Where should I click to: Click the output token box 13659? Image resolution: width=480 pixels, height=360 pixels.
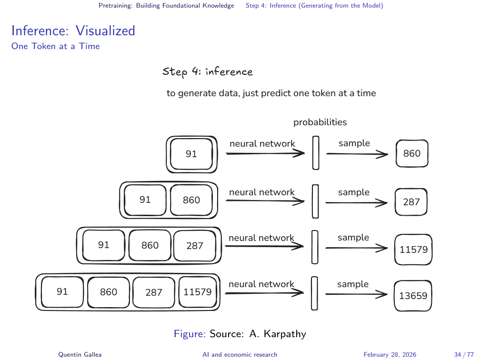(x=413, y=295)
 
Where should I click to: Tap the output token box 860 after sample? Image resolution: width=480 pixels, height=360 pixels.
(x=412, y=153)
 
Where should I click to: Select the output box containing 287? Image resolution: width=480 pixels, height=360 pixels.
(x=411, y=201)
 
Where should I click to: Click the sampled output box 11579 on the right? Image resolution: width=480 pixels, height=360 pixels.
(x=413, y=249)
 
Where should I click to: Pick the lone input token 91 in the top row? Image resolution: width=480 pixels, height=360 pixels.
(x=191, y=154)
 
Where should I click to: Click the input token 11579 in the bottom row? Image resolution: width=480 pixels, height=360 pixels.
(x=197, y=292)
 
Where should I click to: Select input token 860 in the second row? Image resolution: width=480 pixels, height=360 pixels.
(x=191, y=200)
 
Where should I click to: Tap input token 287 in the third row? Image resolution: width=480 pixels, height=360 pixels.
(x=194, y=246)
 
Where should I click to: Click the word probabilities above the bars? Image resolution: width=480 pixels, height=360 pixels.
(x=320, y=122)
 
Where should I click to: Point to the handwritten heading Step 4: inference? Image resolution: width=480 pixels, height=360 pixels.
(x=207, y=72)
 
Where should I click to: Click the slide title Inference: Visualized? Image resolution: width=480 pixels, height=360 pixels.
(x=73, y=31)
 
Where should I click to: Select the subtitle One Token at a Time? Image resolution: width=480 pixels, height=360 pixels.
(x=56, y=47)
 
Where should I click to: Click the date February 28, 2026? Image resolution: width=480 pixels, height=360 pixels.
(x=390, y=354)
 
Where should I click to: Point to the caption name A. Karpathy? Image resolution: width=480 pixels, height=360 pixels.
(x=278, y=334)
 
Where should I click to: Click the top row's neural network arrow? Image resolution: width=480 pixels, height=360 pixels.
(x=265, y=153)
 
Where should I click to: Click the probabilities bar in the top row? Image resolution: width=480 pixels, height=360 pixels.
(x=315, y=153)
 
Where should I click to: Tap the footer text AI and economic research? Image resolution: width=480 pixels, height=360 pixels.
(x=240, y=354)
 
